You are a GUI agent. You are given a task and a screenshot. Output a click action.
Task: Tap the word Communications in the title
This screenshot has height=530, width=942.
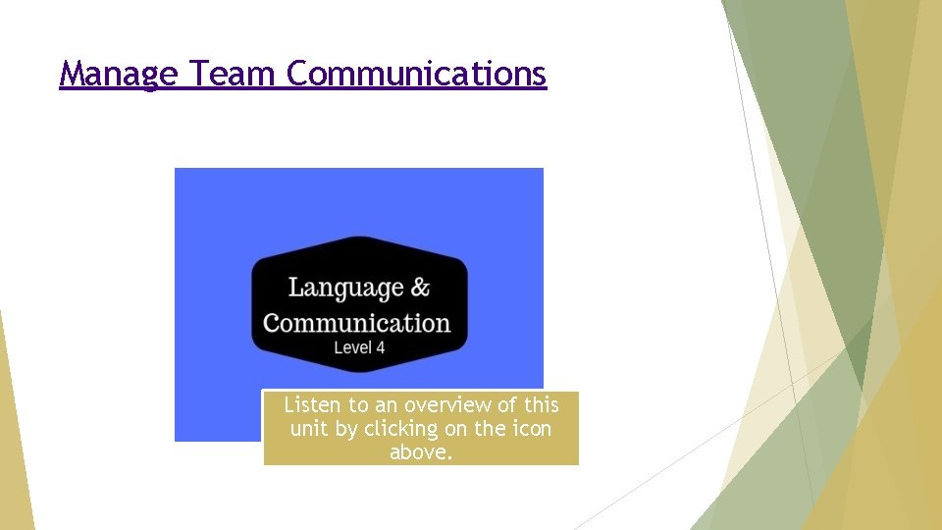coord(416,74)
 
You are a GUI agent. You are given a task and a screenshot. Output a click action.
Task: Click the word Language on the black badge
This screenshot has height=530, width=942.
coord(345,288)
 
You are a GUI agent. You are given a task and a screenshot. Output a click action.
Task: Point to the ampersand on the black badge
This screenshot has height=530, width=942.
coord(420,288)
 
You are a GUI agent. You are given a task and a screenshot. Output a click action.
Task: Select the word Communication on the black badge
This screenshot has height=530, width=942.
coord(356,323)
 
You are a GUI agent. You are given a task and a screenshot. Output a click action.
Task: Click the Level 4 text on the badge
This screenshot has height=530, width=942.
coord(359,347)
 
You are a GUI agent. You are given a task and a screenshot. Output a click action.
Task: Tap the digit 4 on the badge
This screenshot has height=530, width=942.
coord(380,347)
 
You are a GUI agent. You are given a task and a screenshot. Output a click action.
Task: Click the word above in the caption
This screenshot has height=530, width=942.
coord(421,453)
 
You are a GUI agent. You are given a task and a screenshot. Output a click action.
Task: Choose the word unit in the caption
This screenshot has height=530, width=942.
coord(309,429)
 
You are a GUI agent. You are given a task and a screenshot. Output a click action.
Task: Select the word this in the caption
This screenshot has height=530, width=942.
coord(541,404)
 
